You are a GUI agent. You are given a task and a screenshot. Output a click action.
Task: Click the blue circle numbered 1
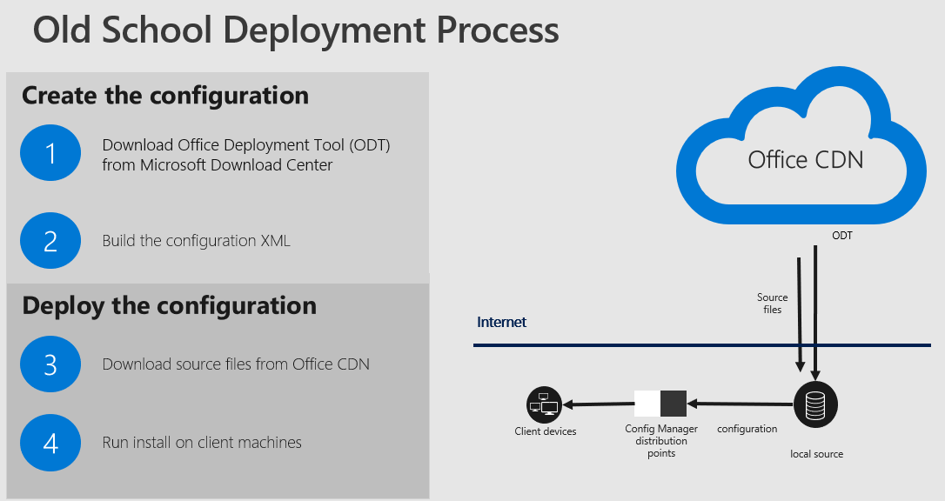point(50,153)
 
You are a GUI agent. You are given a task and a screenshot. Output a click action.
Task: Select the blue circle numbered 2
point(50,240)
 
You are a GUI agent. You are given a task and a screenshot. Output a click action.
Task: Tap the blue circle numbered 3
point(50,364)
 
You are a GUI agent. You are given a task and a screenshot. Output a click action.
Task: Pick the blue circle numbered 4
point(50,443)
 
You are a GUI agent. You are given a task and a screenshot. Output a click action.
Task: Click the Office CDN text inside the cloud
point(806,159)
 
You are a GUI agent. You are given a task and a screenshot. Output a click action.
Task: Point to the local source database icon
point(815,404)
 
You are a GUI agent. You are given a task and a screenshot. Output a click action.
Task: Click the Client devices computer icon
point(544,404)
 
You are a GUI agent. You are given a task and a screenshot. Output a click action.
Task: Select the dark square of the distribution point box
point(674,404)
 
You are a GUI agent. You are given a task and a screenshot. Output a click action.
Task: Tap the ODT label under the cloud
point(842,236)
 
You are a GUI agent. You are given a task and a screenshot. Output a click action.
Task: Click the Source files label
point(773,304)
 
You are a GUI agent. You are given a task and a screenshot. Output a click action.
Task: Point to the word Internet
point(501,322)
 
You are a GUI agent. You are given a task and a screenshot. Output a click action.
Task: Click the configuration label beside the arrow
point(747,429)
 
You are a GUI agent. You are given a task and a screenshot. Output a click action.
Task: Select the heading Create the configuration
point(165,96)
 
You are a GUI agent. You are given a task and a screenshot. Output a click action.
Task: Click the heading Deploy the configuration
point(170,306)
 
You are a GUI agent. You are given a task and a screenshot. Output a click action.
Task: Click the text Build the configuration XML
point(197,241)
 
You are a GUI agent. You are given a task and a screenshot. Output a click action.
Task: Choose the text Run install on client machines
point(202,443)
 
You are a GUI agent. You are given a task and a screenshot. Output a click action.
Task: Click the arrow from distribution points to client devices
point(598,404)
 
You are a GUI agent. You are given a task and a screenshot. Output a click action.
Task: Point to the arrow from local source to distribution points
point(741,404)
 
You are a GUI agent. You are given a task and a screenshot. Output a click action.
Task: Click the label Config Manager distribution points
point(661,441)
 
